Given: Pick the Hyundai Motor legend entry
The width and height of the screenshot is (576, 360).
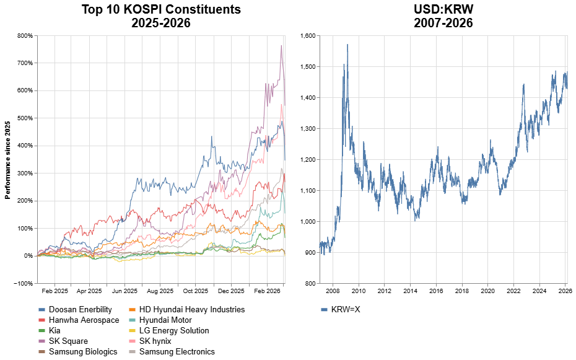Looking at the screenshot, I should click(x=161, y=320).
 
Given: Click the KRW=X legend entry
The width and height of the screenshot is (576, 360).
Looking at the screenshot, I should click(x=345, y=309).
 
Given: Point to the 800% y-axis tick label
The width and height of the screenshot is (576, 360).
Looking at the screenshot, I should click(x=25, y=36).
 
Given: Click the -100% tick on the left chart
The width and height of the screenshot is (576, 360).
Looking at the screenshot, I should click(x=24, y=283).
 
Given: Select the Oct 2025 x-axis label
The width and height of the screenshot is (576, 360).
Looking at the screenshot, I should click(x=196, y=290).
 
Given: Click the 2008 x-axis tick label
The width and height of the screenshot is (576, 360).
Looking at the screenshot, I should click(x=333, y=290).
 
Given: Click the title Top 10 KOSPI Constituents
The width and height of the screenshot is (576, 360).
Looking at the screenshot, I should click(x=161, y=10).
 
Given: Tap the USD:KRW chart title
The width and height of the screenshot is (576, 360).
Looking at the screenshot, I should click(x=443, y=10).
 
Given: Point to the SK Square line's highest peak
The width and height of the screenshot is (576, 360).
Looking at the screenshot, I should click(x=281, y=45).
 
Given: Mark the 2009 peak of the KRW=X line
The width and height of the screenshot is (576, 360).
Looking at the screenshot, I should click(x=347, y=44).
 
